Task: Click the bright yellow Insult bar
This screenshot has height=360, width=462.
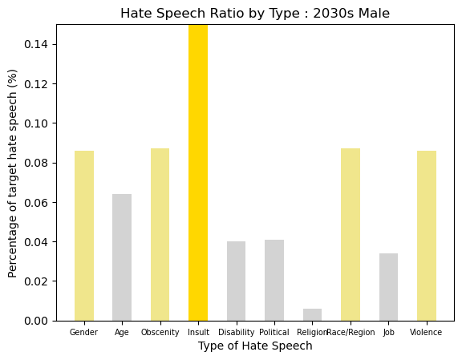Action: pyautogui.click(x=198, y=172)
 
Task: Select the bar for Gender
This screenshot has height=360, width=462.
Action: pyautogui.click(x=84, y=236)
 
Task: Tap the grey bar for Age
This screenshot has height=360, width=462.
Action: pyautogui.click(x=122, y=257)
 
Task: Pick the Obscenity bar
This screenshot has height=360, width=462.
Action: pyautogui.click(x=160, y=234)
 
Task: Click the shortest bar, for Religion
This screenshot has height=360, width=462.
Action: pyautogui.click(x=312, y=314)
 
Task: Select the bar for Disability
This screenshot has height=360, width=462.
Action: pyautogui.click(x=236, y=281)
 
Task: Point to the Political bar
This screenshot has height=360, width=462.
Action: pyautogui.click(x=274, y=280)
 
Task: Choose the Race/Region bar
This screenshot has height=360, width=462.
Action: pyautogui.click(x=351, y=234)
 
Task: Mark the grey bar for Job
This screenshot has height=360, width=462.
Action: pyautogui.click(x=388, y=287)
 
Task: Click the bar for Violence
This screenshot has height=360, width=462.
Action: pyautogui.click(x=427, y=236)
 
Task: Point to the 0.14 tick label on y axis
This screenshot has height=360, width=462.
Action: pyautogui.click(x=36, y=44)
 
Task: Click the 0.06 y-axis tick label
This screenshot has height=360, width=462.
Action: pyautogui.click(x=36, y=202)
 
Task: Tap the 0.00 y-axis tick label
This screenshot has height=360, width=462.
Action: pyautogui.click(x=36, y=321)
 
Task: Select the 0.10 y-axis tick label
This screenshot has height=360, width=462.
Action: pyautogui.click(x=36, y=123)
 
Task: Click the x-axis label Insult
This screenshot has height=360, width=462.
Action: pyautogui.click(x=198, y=332)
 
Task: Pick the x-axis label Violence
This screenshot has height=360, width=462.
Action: pyautogui.click(x=426, y=332)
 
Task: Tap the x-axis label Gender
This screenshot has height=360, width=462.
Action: pyautogui.click(x=83, y=332)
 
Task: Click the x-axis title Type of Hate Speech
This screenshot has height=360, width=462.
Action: pyautogui.click(x=255, y=346)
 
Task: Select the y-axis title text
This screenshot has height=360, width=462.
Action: pyautogui.click(x=12, y=173)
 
